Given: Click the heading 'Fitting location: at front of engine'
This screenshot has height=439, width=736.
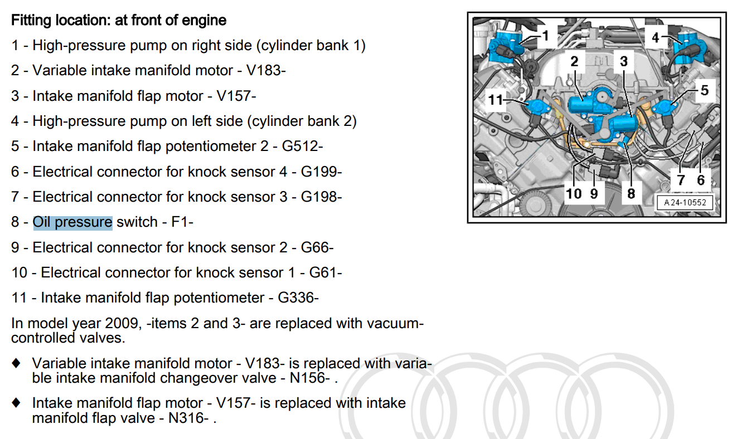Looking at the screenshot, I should (119, 21).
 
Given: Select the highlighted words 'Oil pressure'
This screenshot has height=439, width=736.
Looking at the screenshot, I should (72, 222).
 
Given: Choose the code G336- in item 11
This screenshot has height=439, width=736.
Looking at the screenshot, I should (298, 298).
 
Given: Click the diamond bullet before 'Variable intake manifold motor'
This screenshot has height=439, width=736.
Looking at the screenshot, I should (17, 363).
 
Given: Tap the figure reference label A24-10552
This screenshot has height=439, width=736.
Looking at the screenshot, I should (685, 203).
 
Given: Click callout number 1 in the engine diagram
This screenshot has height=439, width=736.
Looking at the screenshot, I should (545, 36).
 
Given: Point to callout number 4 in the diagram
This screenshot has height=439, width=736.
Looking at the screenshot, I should (656, 38).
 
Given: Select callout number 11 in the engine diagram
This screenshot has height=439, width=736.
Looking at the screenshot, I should (495, 100).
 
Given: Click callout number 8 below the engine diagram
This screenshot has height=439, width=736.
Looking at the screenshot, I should (631, 193).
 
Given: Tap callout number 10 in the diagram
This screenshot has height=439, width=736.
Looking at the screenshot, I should (574, 193).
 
